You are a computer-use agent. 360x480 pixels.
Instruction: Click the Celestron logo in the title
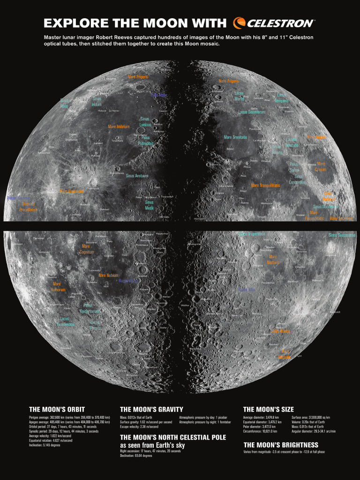pos(275,22)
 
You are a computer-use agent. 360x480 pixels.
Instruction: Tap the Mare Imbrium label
pos(119,127)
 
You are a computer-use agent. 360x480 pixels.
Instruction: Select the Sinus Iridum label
pos(97,102)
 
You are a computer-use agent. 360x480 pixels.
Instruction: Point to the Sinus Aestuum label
pos(137,176)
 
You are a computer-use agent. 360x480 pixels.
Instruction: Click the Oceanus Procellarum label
pos(29,207)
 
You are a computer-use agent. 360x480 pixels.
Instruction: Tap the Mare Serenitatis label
pos(235,137)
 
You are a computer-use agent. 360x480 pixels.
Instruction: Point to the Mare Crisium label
pos(321,166)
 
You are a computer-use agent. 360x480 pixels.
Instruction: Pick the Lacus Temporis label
pos(282,98)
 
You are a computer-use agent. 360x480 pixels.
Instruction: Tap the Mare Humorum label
pos(57,287)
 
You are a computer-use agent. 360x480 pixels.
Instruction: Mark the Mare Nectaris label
pos(273,260)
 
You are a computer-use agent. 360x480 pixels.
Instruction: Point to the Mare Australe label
pos(284,354)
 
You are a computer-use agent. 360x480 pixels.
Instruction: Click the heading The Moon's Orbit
pos(57,409)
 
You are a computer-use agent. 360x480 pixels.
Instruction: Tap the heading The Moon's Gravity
pos(151,409)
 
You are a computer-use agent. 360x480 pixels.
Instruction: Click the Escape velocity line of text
pos(139,427)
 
